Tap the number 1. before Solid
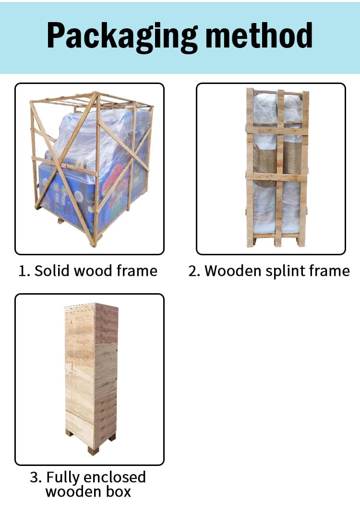pos(24,271)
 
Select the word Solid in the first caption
pos(52,271)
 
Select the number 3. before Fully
pos(36,477)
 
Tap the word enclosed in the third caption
pos(114,477)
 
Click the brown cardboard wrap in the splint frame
pos(277,160)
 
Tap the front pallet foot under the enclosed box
pos(93,451)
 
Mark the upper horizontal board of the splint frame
pos(277,130)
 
